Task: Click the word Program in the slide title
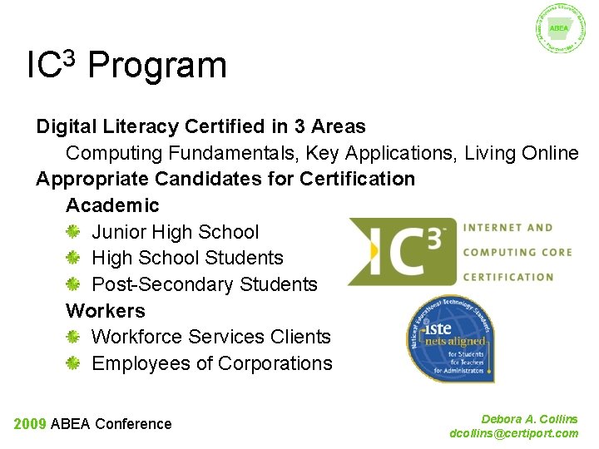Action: click(156, 66)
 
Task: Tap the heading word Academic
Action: click(112, 205)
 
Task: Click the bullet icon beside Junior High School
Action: click(73, 232)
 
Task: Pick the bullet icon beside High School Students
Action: click(73, 259)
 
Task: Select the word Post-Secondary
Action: click(161, 284)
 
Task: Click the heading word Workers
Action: click(106, 311)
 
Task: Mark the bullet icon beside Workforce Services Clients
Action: click(73, 338)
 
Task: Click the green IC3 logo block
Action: click(402, 250)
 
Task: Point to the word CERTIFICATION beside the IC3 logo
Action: click(508, 277)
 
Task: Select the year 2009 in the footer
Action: click(30, 424)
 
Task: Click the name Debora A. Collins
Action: click(529, 420)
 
